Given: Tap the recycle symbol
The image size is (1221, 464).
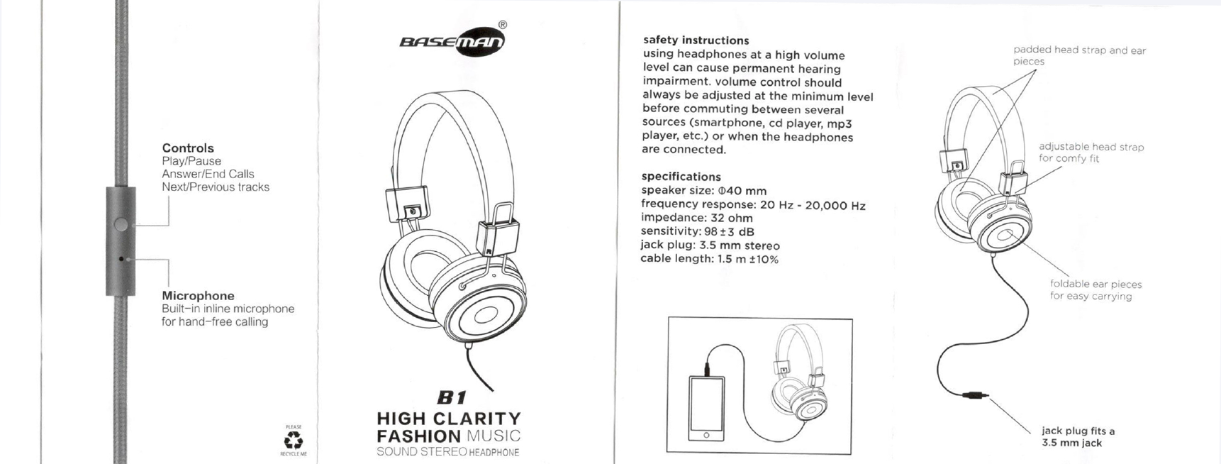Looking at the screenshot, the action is click(x=294, y=441).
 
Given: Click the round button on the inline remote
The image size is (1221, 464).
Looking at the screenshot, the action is click(x=121, y=225).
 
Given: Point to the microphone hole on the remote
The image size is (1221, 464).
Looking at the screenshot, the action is click(x=121, y=259).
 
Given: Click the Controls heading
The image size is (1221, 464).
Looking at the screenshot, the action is click(x=188, y=148).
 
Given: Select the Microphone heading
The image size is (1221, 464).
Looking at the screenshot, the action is click(x=198, y=296).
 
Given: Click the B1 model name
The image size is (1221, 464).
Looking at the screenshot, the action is click(x=452, y=398).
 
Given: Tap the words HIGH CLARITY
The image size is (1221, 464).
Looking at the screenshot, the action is click(x=449, y=419).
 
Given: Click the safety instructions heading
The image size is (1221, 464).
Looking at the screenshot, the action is click(x=696, y=40).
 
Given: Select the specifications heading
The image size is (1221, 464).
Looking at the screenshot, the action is click(x=681, y=177).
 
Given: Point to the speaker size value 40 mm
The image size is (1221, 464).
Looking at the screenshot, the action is click(x=742, y=191).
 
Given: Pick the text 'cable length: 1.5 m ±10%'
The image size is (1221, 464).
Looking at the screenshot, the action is click(x=710, y=259).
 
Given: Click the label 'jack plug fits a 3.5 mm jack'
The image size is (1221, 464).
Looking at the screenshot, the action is click(x=1078, y=437).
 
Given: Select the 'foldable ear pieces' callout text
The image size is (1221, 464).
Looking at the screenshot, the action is click(x=1095, y=285).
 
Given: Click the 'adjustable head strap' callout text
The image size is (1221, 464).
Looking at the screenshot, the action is click(x=1091, y=147).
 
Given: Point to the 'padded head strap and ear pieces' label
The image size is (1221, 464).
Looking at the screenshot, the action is click(x=1079, y=55).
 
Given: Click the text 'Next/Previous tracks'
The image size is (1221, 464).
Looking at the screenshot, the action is click(x=216, y=187).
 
